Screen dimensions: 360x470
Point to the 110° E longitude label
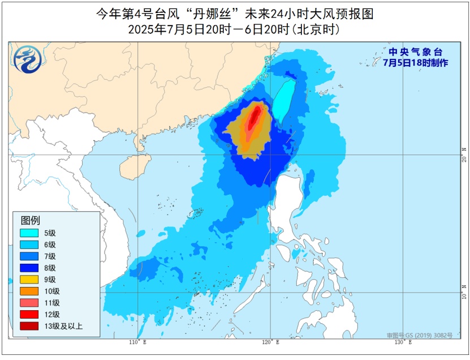[137, 342]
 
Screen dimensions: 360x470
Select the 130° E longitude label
[403, 342]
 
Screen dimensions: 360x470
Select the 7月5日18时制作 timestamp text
[416, 63]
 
